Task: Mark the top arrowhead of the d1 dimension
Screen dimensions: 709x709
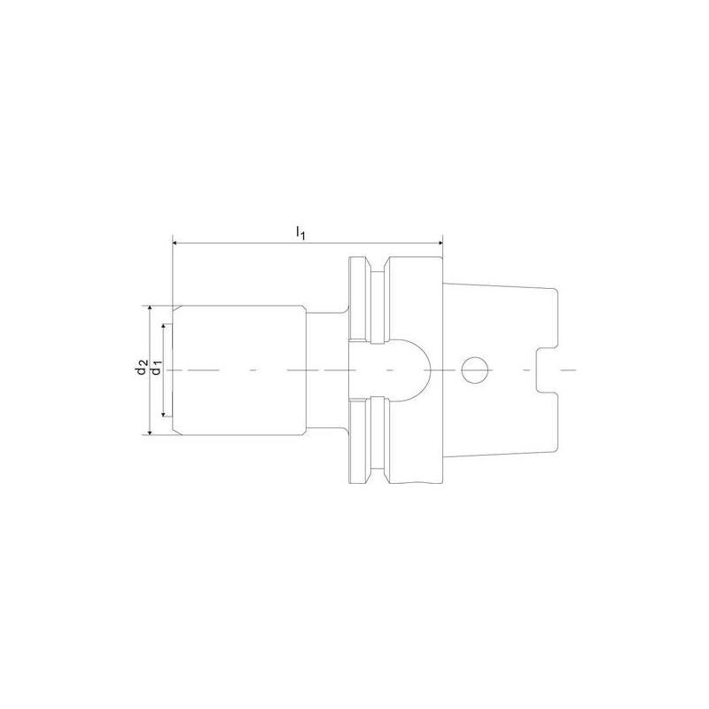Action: [x=164, y=326]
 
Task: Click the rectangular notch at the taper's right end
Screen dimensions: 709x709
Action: [x=547, y=370]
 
